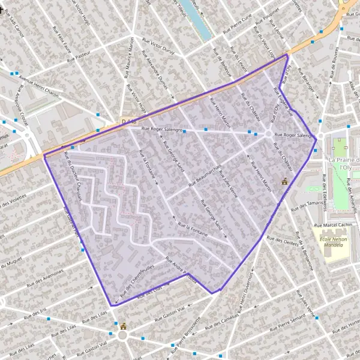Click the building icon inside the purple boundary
coord(284,181)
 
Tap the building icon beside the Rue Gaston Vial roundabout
coord(124,326)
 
